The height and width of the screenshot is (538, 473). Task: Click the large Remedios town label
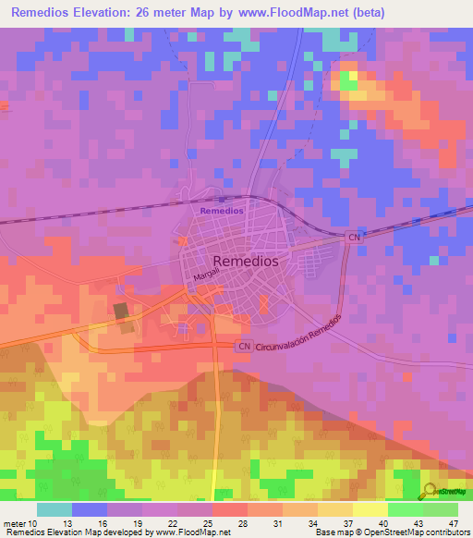(x=245, y=262)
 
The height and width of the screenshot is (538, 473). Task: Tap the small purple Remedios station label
(x=223, y=211)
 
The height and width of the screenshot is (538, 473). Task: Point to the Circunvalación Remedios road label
(x=299, y=335)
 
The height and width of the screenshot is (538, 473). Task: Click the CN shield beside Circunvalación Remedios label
(x=243, y=347)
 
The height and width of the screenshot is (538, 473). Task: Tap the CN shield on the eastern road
(x=353, y=238)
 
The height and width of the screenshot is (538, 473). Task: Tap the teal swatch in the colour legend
(x=55, y=509)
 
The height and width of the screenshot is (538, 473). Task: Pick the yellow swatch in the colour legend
(x=370, y=509)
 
